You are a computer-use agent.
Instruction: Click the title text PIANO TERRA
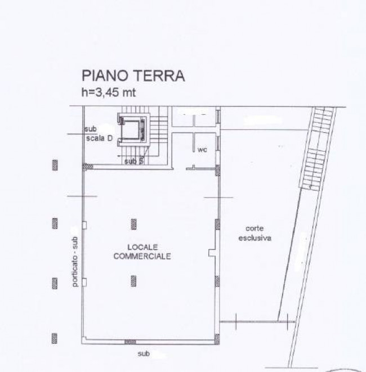(x=133, y=77)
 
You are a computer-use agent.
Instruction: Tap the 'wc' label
(x=201, y=150)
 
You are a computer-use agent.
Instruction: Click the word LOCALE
(x=142, y=247)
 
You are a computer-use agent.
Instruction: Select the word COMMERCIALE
(x=142, y=256)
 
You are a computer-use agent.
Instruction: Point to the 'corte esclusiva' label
(x=258, y=233)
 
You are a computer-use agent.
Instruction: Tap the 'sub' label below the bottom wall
(x=144, y=354)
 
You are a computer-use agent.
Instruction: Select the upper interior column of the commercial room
(x=133, y=224)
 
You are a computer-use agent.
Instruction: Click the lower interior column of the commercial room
(x=133, y=280)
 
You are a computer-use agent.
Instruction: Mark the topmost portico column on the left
(x=55, y=165)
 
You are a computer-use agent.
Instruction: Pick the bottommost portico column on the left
(x=55, y=338)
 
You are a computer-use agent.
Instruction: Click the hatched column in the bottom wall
(x=130, y=342)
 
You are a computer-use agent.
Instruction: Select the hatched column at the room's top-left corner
(x=87, y=167)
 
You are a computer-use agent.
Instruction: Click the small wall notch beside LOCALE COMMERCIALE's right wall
(x=212, y=253)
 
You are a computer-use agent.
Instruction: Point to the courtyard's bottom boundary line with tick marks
(x=256, y=321)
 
